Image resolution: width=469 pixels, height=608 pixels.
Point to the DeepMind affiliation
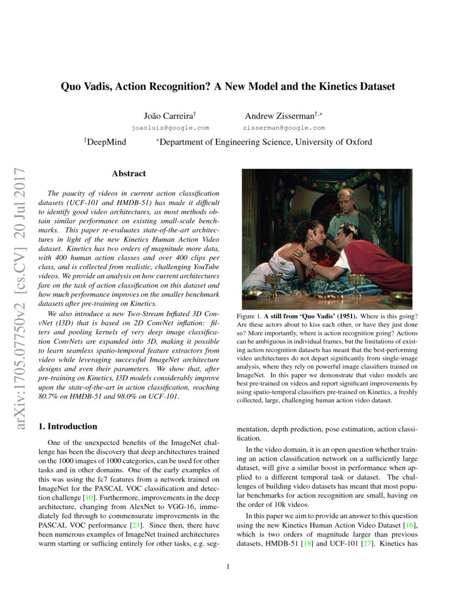[x=106, y=142]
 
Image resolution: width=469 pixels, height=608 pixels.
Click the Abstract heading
[x=129, y=174]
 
